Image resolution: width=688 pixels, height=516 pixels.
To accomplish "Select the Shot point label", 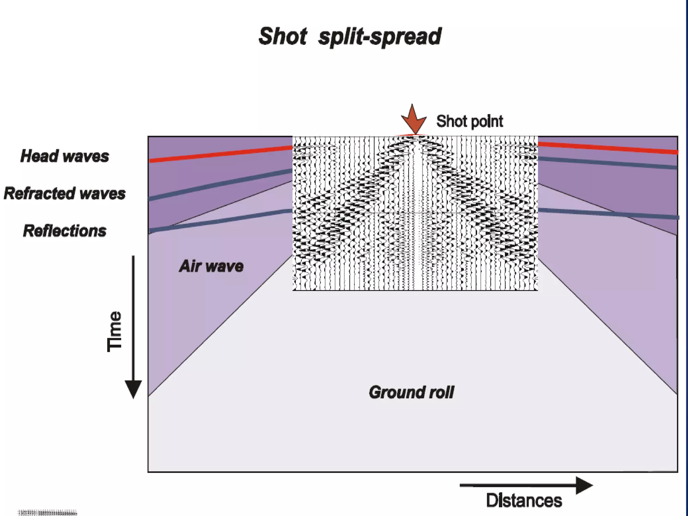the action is point(469,121).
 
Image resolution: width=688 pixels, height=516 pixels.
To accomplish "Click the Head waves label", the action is point(64,156).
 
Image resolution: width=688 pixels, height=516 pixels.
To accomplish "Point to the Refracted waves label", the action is point(64,193).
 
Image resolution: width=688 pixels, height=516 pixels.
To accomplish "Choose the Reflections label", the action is point(64,231).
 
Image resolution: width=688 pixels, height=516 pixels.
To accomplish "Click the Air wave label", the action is point(211,266).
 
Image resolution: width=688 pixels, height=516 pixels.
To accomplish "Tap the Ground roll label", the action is point(411,392).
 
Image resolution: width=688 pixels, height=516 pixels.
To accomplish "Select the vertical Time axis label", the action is point(114,332).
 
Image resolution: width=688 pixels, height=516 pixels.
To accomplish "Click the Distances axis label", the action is point(524,501).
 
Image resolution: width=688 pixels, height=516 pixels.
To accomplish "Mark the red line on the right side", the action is point(608,148).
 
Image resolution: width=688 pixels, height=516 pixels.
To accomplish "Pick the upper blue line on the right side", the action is point(608,163).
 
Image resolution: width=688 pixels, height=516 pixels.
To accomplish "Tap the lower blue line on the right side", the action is point(608,214).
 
